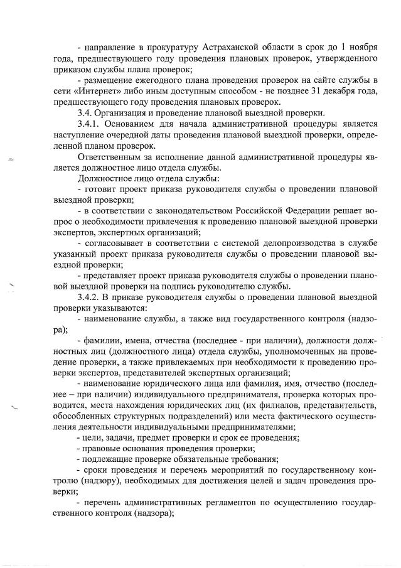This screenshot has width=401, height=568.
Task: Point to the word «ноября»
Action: [361, 48]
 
